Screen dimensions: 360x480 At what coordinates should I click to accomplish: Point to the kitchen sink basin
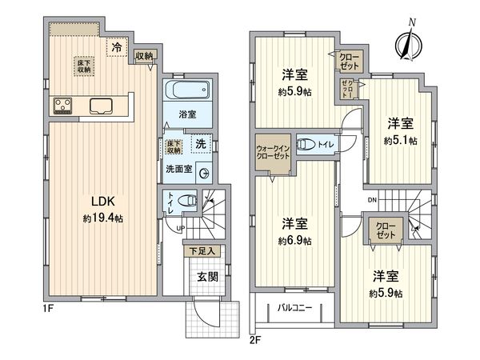pyautogui.click(x=102, y=104)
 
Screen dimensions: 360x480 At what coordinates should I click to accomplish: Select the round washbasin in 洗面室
pyautogui.click(x=204, y=171)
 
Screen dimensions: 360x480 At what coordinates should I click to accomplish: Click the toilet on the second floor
pyautogui.click(x=307, y=145)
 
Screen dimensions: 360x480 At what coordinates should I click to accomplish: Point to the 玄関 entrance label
pyautogui.click(x=206, y=278)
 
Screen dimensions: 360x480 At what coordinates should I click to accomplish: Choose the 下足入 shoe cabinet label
pyautogui.click(x=202, y=251)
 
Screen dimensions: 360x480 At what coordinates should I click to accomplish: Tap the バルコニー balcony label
pyautogui.click(x=294, y=307)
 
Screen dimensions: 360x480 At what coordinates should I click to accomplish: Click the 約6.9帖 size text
pyautogui.click(x=295, y=239)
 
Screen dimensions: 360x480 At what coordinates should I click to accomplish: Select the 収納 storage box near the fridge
pyautogui.click(x=144, y=55)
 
